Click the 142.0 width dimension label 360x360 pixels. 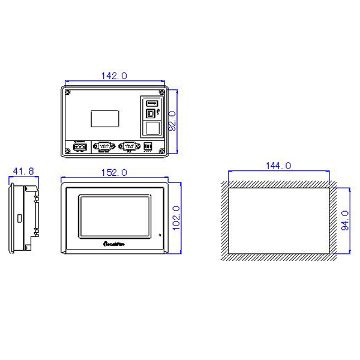(x=114, y=76)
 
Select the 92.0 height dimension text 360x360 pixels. (x=172, y=121)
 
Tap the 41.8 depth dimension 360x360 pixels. (x=23, y=172)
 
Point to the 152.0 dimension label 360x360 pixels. (x=113, y=173)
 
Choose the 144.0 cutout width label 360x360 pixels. (x=278, y=166)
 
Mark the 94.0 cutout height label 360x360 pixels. (x=344, y=220)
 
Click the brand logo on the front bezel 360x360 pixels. (x=113, y=244)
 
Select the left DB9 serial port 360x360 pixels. (x=104, y=146)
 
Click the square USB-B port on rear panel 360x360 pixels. (x=152, y=113)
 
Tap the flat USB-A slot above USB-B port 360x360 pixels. (x=152, y=103)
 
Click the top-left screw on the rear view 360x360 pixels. (x=68, y=92)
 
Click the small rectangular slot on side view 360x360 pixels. (x=18, y=217)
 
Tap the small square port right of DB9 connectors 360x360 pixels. (x=148, y=146)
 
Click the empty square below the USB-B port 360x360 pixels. (x=152, y=128)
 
